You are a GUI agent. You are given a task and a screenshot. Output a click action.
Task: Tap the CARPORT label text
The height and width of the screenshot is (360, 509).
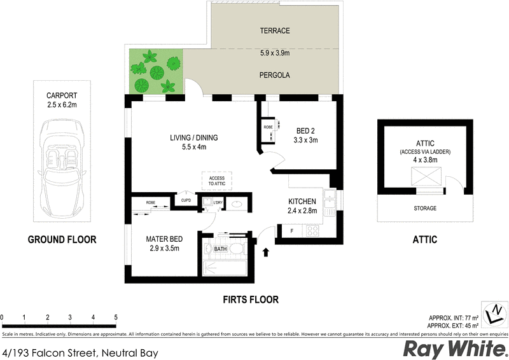pos(62,97)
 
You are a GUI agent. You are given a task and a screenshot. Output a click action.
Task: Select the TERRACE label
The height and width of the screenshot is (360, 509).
pos(275,31)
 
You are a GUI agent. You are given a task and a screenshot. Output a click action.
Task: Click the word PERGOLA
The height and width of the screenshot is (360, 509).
pos(275,74)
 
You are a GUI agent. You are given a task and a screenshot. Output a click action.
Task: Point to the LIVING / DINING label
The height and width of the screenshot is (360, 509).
pos(193,137)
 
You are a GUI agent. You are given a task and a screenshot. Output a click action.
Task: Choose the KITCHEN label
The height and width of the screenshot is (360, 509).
pos(302,201)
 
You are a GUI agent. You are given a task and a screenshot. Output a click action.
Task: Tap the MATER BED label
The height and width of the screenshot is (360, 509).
pos(164,239)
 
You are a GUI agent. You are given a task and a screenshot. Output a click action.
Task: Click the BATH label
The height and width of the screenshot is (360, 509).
pos(220,249)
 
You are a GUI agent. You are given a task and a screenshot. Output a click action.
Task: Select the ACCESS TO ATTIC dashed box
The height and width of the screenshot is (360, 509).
pos(216,181)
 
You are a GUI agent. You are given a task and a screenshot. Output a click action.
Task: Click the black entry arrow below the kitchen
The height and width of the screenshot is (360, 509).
pos(265,253)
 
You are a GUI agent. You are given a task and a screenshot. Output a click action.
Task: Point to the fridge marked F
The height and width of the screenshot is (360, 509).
pos(292,231)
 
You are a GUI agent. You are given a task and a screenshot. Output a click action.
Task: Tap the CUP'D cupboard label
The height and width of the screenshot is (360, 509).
pos(186,201)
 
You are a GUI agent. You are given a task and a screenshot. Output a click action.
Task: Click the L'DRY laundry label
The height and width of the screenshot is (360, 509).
pos(217,202)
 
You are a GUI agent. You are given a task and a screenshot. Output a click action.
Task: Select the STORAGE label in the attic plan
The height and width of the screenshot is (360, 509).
pos(426,208)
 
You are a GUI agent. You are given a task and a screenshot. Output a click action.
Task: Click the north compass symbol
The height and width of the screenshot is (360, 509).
pos(494,314)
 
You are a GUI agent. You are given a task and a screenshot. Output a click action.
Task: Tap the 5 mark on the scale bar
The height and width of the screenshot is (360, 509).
pos(116,317)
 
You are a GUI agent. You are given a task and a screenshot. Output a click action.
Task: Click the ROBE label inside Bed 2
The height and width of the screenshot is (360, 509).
pos(268,127)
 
